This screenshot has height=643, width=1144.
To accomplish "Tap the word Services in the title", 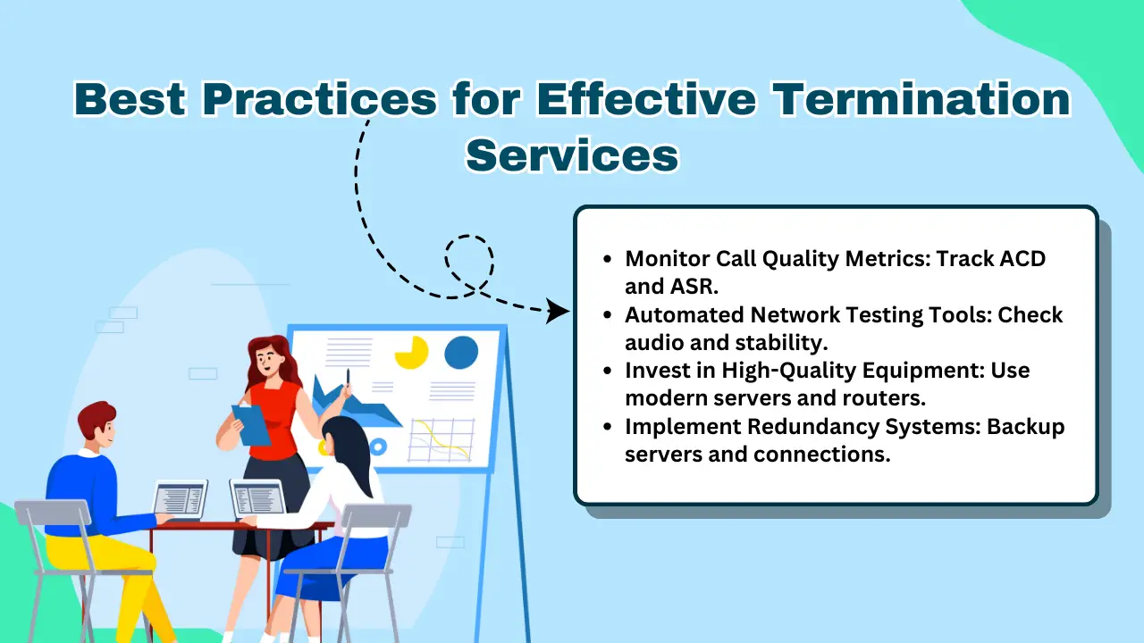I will coord(572,154).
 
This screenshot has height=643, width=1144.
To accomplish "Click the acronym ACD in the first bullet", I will coord(1019,259).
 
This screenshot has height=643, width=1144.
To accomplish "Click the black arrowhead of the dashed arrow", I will coord(558,312).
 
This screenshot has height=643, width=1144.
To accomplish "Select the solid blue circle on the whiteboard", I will coord(461,352).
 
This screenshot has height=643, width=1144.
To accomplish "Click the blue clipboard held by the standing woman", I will coord(251,424).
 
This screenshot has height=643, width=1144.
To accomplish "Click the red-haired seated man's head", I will coord(97,424).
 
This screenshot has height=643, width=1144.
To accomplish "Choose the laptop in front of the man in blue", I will coord(180,499).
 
